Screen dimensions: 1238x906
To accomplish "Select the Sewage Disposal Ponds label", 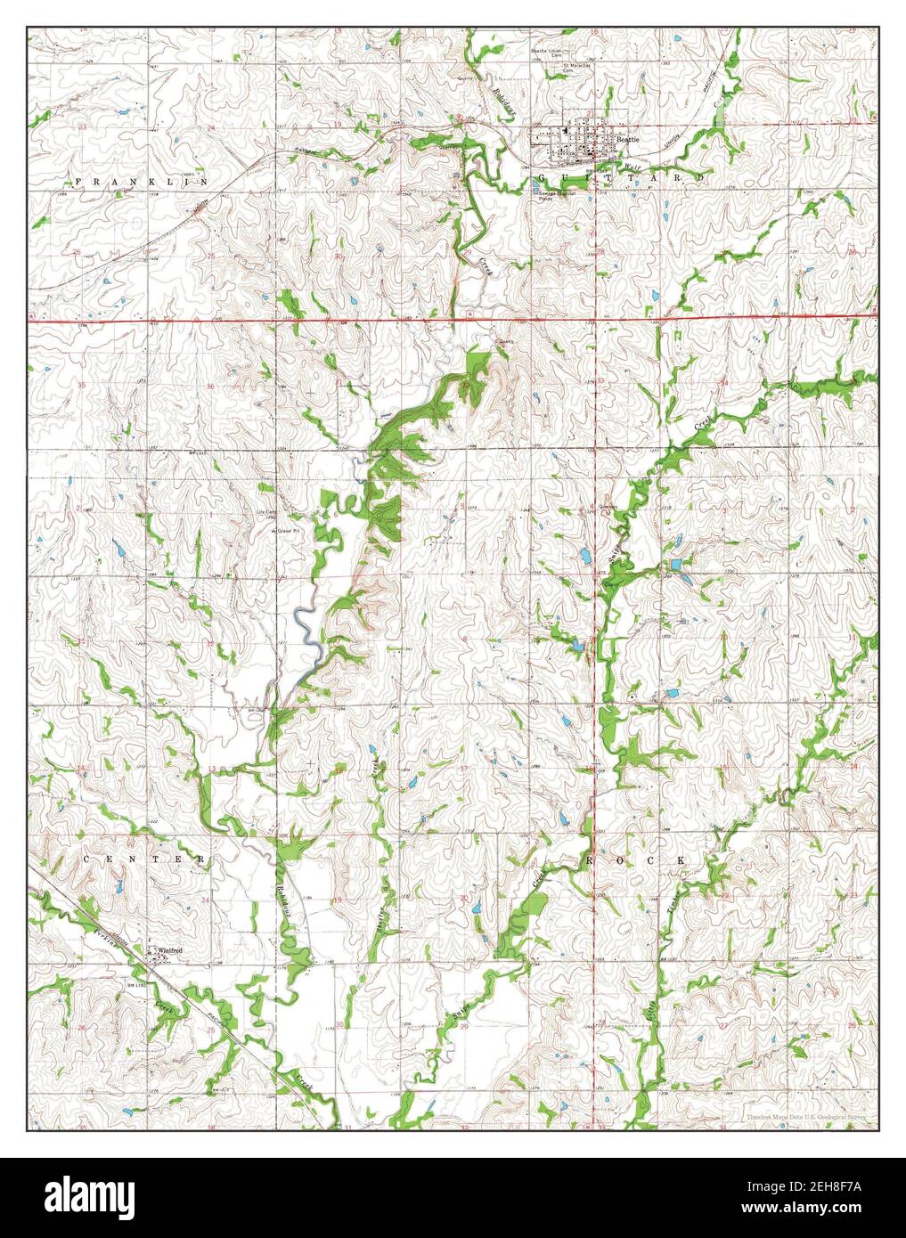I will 557,193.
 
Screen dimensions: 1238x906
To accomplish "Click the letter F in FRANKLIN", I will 78,181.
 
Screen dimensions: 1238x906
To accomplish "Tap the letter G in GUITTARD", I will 544,179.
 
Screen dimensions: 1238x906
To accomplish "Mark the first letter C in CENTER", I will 88,859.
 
